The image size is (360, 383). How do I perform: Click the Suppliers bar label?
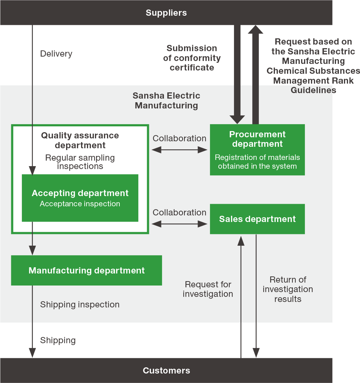(166, 13)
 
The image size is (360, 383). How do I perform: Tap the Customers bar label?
(166, 371)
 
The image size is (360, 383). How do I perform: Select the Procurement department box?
(257, 150)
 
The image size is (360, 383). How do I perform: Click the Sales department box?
(257, 219)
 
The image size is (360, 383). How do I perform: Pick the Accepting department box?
(80, 198)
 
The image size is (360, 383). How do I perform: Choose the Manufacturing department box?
(87, 271)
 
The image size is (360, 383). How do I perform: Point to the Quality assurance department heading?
(80, 140)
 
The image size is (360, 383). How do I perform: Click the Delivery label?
(56, 54)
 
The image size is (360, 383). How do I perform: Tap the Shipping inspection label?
(80, 305)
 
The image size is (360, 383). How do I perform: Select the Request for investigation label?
(208, 289)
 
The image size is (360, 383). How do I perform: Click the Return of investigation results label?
(288, 289)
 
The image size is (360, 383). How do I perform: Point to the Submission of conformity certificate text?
(192, 58)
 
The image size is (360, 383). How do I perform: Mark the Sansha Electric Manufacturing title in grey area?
(166, 100)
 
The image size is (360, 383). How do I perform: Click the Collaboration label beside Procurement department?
(179, 138)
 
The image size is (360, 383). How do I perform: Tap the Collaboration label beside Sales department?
(179, 212)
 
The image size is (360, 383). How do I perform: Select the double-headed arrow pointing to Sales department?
(180, 224)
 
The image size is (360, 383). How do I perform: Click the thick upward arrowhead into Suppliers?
(256, 30)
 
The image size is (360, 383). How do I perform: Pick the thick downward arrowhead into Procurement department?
(237, 119)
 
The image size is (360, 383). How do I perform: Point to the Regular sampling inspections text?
(80, 162)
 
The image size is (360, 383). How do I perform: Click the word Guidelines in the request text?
(313, 90)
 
